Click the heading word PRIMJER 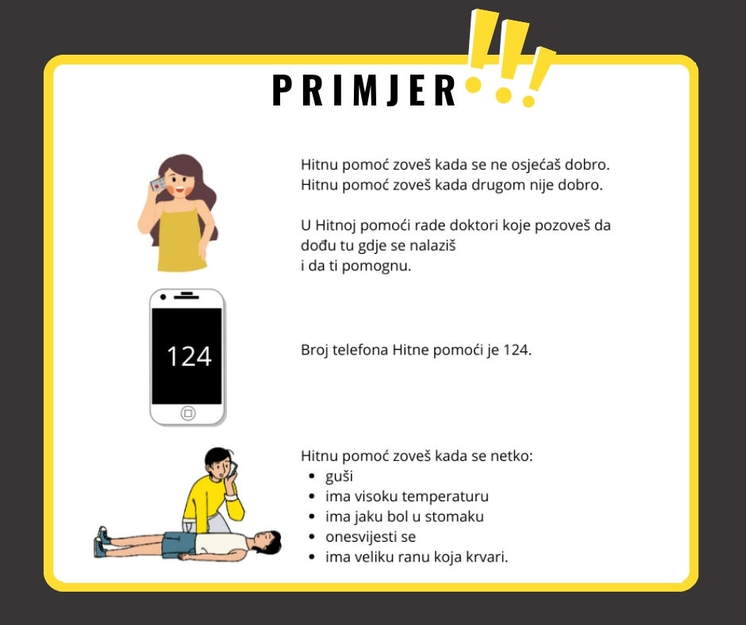tap(364, 90)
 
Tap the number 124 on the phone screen tap(189, 356)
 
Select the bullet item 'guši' tap(339, 476)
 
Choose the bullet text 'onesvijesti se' tap(371, 536)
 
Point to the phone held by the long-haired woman tap(158, 183)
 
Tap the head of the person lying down tap(266, 543)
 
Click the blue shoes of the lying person tap(102, 542)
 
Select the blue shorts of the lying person tap(179, 545)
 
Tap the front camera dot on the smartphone tap(163, 297)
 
